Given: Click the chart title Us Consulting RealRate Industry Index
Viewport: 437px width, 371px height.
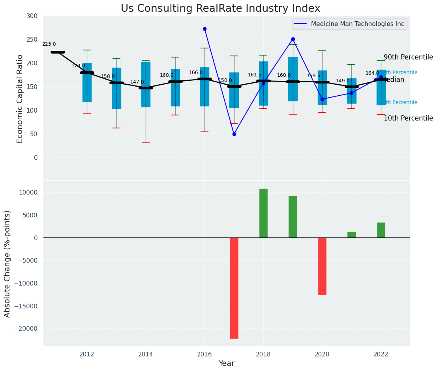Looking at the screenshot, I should click(220, 9).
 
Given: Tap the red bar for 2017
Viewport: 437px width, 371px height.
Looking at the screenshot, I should click(234, 288).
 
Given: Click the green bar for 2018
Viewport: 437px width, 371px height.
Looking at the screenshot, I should click(263, 213).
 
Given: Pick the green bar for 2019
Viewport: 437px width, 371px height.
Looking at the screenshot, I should click(293, 217).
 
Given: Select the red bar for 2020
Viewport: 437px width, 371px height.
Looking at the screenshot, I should click(322, 266).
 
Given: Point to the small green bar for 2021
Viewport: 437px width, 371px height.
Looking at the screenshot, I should click(351, 235).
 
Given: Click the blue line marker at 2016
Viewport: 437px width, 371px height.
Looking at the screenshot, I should click(204, 29).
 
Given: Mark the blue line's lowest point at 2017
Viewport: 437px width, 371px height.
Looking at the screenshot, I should click(234, 134).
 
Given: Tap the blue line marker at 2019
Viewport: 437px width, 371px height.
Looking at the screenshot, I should click(293, 39).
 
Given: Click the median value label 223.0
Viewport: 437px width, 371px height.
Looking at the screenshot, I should click(49, 45).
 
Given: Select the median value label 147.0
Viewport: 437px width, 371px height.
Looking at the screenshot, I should click(137, 82).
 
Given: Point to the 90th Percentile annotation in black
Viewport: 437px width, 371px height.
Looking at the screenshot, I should click(408, 57).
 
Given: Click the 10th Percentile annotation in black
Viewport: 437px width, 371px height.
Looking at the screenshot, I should click(408, 118).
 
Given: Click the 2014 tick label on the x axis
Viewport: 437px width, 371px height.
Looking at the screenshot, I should click(146, 354).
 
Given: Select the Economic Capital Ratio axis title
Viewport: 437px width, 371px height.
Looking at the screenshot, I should click(20, 98).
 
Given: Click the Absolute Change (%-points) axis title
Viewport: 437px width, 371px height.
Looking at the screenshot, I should click(8, 263).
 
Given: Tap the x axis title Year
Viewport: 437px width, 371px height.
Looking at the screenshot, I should click(226, 364).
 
